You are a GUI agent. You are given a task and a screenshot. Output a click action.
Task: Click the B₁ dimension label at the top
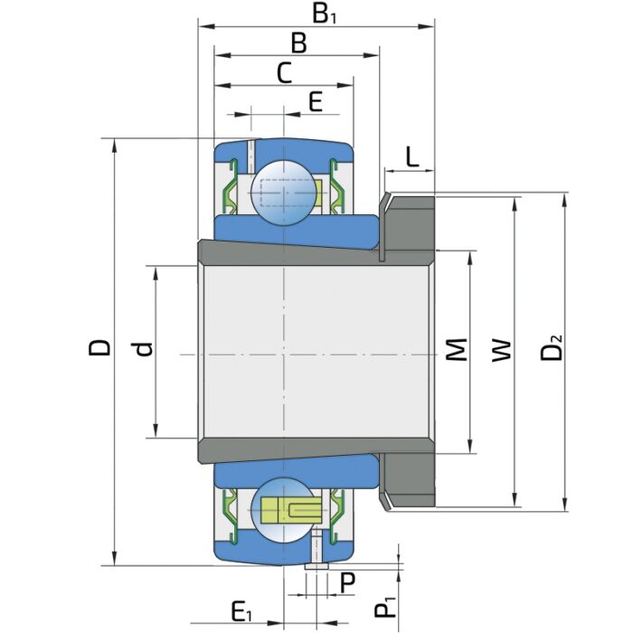point(324,15)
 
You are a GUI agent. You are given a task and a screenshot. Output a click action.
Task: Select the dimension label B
point(298,43)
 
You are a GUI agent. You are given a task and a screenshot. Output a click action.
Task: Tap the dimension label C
point(284,73)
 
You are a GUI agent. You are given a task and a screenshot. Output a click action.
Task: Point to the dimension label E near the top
point(316,101)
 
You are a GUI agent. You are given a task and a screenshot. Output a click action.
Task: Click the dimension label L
point(411,156)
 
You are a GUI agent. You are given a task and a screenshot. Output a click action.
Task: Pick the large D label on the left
point(99,347)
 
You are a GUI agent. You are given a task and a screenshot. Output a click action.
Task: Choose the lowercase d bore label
point(144,349)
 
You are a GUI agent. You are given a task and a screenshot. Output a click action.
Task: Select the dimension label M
point(456,349)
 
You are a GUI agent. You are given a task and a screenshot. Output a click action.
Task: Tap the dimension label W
point(502,351)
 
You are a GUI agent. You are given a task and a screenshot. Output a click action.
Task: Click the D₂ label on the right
point(551,347)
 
